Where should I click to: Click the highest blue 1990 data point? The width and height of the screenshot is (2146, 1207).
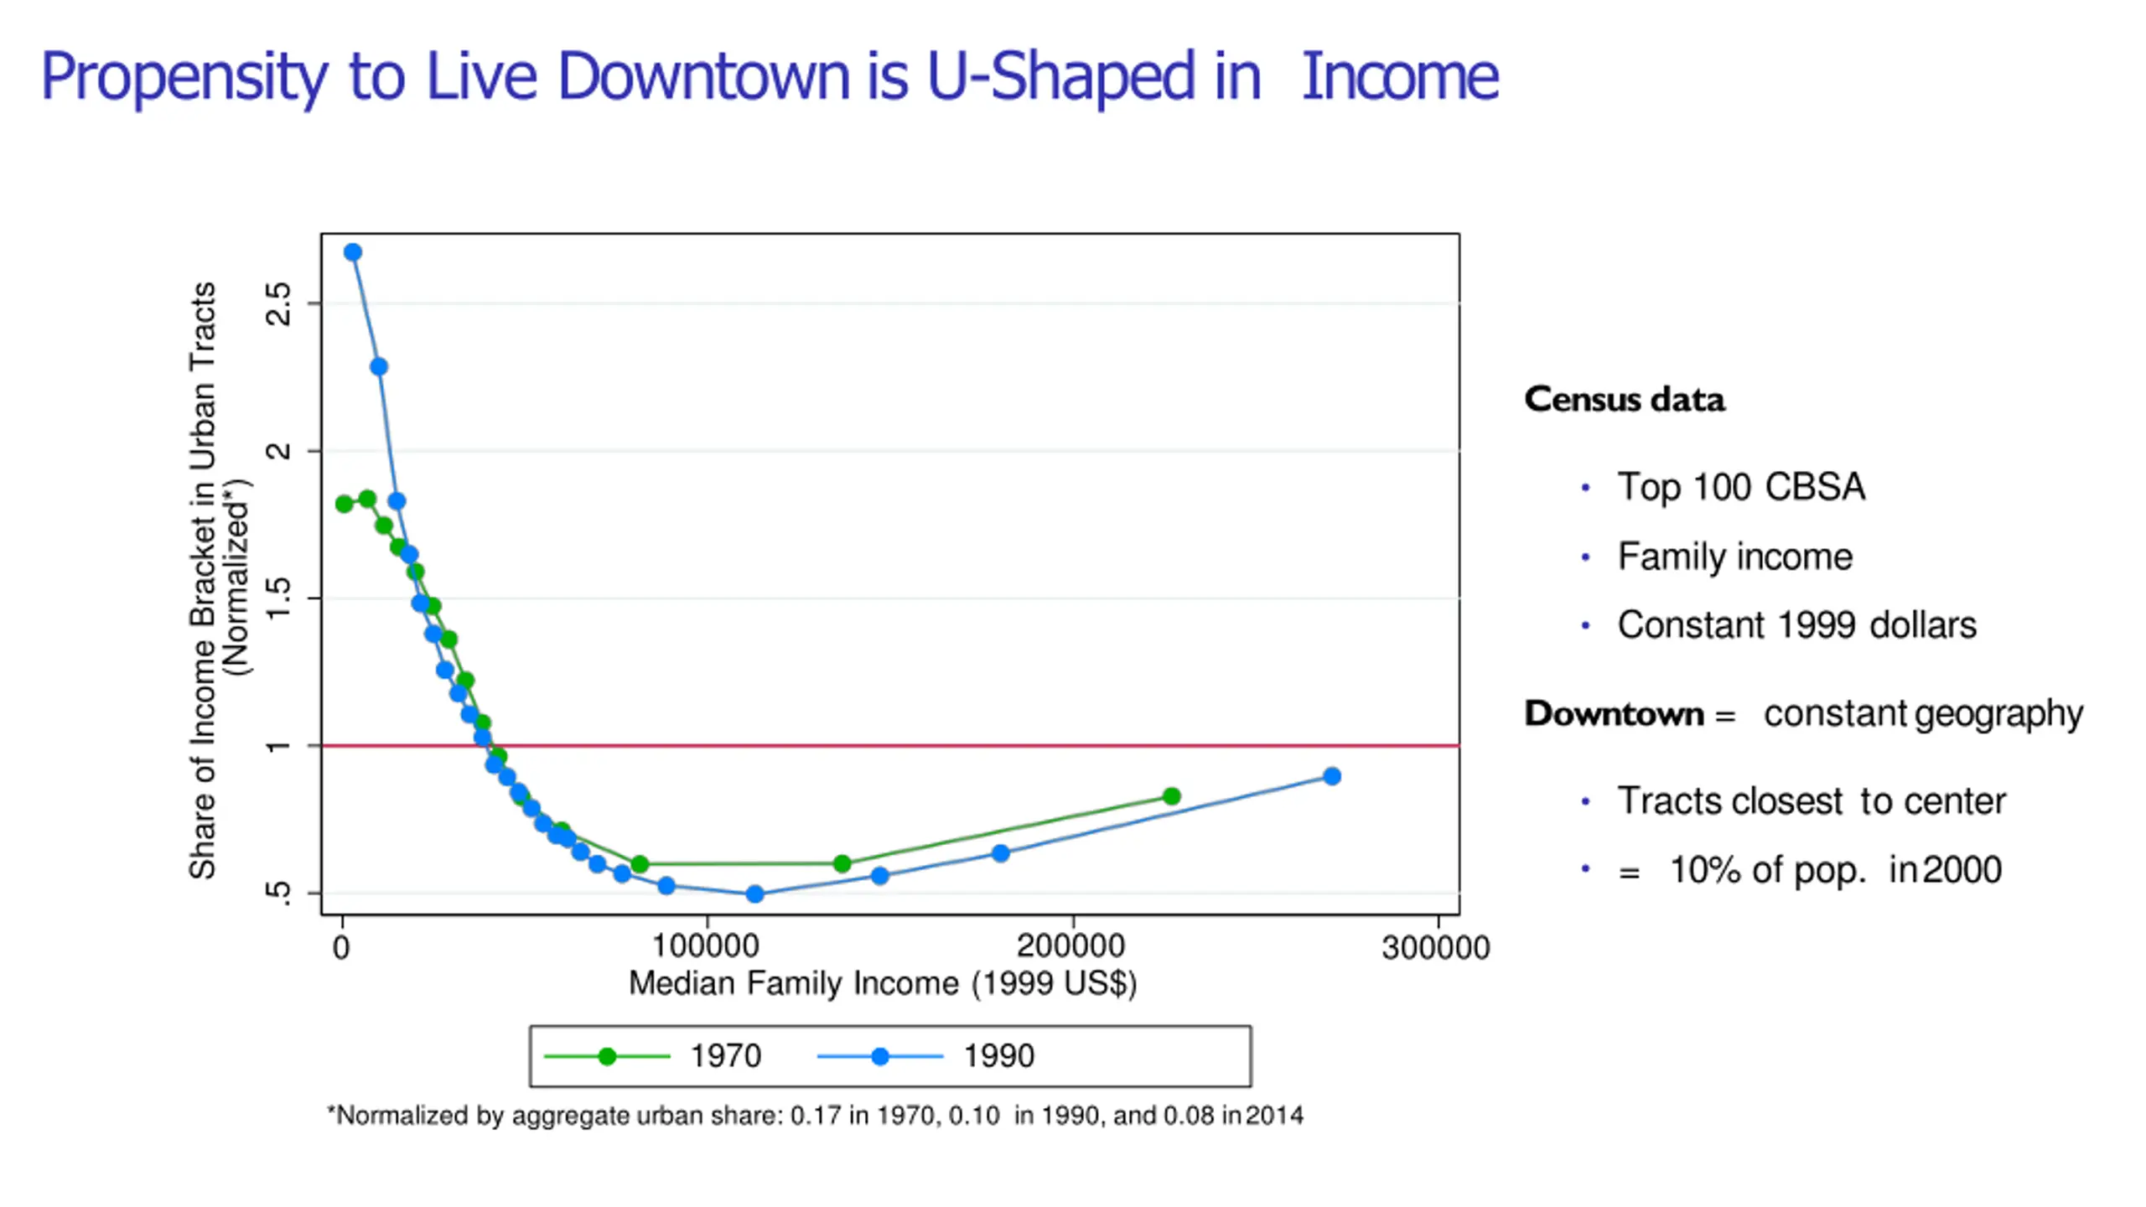pos(353,252)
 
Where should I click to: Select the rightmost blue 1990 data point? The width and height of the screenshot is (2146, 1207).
pos(1332,776)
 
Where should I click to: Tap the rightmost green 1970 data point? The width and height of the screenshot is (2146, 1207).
pos(1172,796)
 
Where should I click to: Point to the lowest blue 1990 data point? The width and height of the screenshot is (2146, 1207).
pos(754,894)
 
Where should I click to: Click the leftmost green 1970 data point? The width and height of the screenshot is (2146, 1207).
pos(344,504)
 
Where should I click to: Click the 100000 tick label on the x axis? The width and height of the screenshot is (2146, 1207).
pos(706,946)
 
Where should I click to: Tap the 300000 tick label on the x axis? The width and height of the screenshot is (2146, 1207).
pos(1436,948)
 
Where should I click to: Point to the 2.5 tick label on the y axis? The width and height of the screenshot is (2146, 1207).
pos(278,303)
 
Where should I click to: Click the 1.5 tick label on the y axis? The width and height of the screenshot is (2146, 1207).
pos(278,598)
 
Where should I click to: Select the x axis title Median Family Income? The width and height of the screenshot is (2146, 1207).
pos(883,983)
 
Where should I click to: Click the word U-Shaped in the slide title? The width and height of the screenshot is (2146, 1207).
pos(1060,77)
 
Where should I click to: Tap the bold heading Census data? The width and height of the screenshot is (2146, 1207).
pos(1625,400)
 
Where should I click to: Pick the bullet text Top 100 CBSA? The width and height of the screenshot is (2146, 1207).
pos(1741,487)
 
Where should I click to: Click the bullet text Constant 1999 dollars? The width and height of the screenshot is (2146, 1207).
pos(1796,625)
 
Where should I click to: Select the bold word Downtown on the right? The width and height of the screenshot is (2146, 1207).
pos(1614,714)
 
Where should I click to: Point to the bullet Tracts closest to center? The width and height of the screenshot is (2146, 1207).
pos(1811,801)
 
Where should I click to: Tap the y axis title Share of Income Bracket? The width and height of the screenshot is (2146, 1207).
pos(204,580)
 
